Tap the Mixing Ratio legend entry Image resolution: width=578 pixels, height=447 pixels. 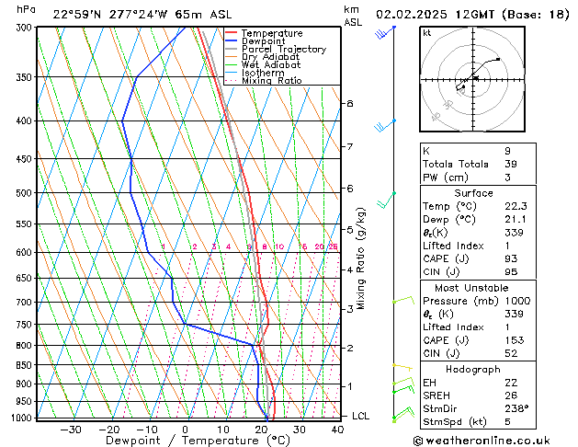coord(271,81)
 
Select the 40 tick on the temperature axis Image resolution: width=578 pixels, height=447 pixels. coord(337,429)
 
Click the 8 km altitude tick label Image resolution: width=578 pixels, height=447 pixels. coord(349,104)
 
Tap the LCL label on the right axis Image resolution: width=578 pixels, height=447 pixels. coord(361,416)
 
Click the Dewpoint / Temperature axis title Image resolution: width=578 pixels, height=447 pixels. coord(185,441)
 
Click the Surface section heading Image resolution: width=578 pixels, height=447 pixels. coord(493,193)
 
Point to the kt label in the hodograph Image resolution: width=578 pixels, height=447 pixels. coord(426,33)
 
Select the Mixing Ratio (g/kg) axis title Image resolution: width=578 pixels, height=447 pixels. coord(362,258)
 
